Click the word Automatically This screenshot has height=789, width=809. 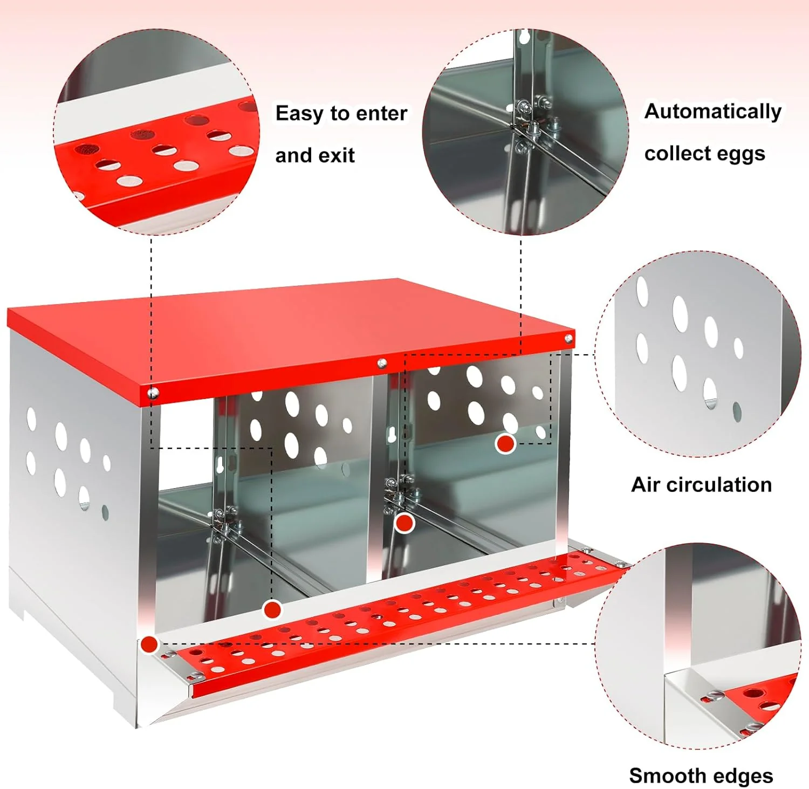pyautogui.click(x=713, y=112)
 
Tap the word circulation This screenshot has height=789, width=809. pyautogui.click(x=719, y=484)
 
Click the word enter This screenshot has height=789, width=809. pyautogui.click(x=381, y=113)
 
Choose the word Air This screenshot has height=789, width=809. pyautogui.click(x=646, y=484)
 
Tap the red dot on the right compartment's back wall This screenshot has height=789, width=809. pyautogui.click(x=505, y=443)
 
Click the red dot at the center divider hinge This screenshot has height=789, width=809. pyautogui.click(x=404, y=523)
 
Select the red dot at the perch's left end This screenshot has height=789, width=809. pyautogui.click(x=149, y=644)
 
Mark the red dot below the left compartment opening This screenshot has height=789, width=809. pyautogui.click(x=272, y=610)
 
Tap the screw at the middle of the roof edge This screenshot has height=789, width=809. pyautogui.click(x=382, y=363)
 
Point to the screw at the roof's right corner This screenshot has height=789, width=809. pyautogui.click(x=568, y=339)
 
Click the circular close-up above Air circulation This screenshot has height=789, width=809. pyautogui.click(x=698, y=354)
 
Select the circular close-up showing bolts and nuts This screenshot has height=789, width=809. pyautogui.click(x=525, y=132)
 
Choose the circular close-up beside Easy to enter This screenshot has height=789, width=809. pyautogui.click(x=156, y=132)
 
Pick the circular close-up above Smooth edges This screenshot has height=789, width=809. pyautogui.click(x=698, y=646)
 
